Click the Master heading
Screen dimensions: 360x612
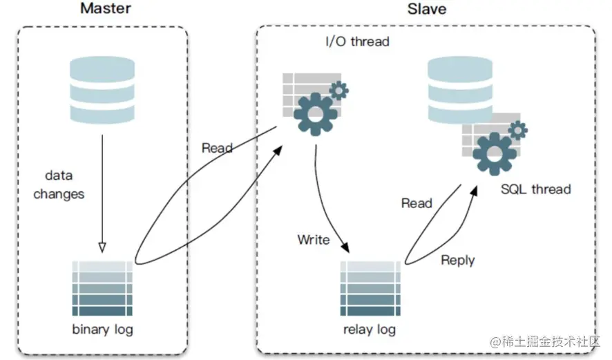105,10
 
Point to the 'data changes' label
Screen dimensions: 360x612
59,185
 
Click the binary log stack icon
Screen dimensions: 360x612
102,288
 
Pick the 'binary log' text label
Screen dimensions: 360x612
102,329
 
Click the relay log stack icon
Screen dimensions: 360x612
370,288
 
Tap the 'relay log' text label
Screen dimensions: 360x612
370,329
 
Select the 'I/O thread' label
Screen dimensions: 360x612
357,41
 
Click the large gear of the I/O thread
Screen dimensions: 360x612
316,112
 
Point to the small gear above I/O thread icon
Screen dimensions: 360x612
338,90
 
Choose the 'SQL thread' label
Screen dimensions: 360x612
536,188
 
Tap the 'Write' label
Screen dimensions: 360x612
314,240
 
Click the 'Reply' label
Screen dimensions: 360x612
457,260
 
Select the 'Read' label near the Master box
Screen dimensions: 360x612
217,148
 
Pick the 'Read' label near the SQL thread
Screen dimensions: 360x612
417,203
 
